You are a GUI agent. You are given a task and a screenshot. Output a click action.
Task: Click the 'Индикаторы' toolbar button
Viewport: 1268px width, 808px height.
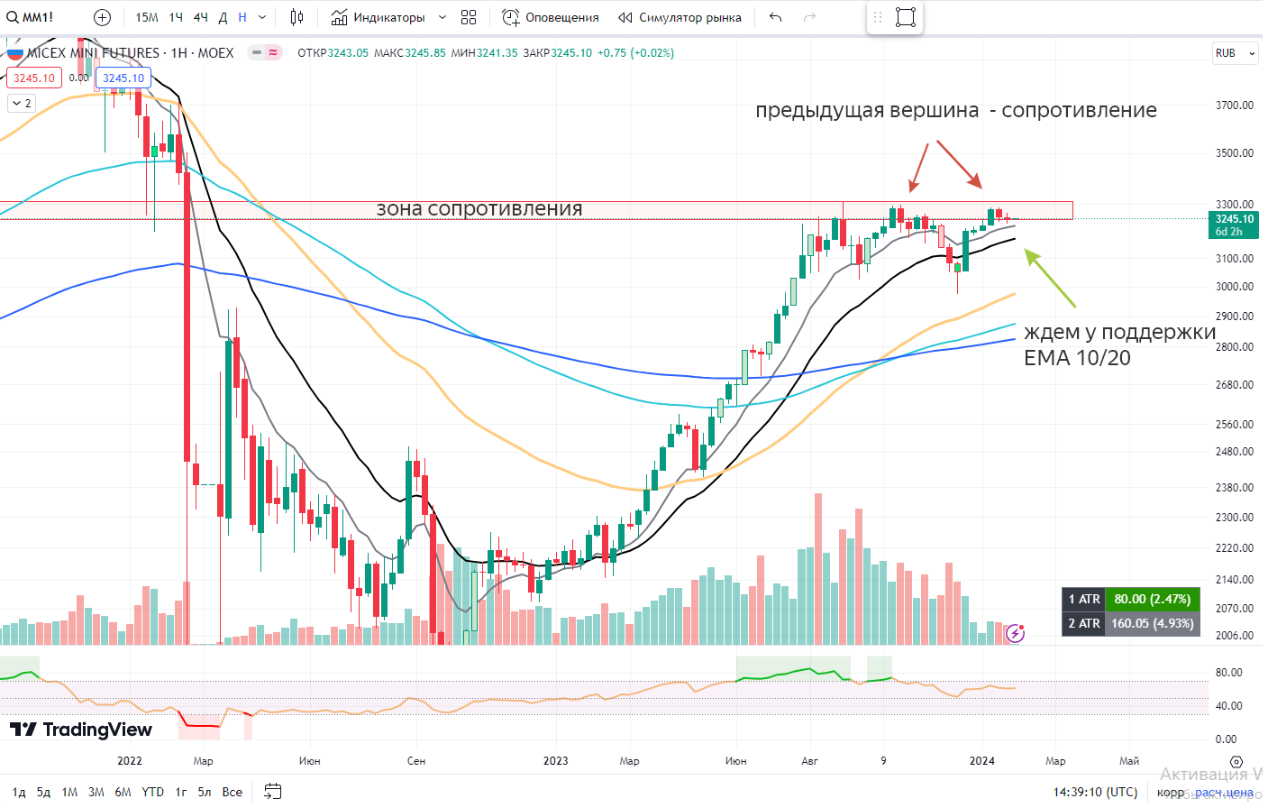point(378,17)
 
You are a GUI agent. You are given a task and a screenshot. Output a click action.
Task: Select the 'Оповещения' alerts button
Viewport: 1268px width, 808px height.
point(551,17)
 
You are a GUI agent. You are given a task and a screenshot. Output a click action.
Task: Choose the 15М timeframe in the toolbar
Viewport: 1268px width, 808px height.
point(146,17)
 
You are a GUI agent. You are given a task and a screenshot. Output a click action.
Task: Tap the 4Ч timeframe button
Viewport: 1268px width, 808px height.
point(200,17)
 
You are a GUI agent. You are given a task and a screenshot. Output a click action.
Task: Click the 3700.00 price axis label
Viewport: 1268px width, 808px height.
point(1234,106)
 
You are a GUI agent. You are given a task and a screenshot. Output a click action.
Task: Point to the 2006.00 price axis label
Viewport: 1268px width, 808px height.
point(1234,635)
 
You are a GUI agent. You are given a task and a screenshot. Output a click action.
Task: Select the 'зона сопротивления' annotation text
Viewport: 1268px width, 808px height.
point(479,209)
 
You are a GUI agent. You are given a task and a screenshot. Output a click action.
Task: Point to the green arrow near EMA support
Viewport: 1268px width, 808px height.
point(1050,279)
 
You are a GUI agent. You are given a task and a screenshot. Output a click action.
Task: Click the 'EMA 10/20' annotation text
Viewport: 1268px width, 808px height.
point(1076,358)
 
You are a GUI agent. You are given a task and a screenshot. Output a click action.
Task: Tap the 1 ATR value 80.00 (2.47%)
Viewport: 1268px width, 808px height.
point(1151,599)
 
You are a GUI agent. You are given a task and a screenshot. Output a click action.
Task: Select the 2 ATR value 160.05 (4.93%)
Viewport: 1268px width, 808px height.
point(1151,623)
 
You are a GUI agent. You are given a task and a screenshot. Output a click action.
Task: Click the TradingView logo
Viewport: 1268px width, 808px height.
point(81,730)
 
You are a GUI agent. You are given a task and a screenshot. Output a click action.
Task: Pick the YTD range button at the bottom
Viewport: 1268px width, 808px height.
point(152,792)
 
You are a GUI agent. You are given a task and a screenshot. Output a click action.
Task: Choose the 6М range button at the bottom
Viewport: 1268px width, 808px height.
point(123,792)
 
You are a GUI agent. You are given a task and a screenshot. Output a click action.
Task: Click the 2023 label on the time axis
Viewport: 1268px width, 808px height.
point(555,761)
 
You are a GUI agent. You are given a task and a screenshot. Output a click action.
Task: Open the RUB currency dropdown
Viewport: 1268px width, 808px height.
point(1234,53)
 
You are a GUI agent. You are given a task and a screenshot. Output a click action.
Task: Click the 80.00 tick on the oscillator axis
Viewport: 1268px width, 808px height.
point(1228,673)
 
